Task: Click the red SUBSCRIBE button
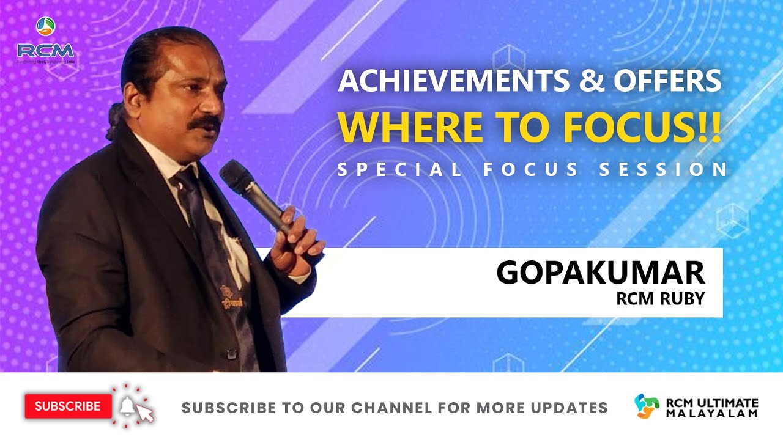coord(68,406)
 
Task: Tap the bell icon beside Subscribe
coord(127,405)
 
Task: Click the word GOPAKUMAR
coord(600,273)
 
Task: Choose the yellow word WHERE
coord(399,125)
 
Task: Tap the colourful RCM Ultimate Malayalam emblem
coord(647,406)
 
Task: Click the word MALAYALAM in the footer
coord(712,413)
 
